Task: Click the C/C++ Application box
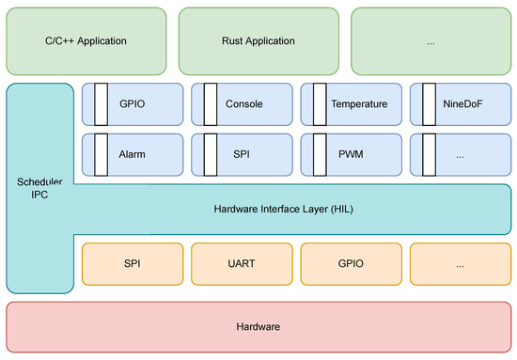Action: pos(86,41)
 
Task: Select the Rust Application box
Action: pos(258,41)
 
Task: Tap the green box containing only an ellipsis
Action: pos(431,41)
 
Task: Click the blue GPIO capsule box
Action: pos(132,104)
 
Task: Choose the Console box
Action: pos(243,104)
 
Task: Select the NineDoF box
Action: pos(462,104)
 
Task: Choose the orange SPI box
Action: pos(132,265)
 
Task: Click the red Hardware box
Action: pos(258,325)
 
